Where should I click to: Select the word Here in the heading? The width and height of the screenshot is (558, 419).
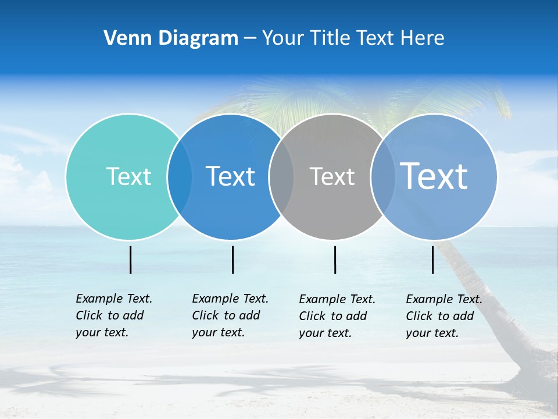[423, 38]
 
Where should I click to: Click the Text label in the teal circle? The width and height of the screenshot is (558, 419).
[128, 176]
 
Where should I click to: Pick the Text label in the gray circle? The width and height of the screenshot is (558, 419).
[332, 176]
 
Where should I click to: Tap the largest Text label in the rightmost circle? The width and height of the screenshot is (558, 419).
[434, 176]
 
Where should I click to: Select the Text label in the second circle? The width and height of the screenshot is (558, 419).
[230, 176]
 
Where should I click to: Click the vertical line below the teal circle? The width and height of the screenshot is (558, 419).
[130, 260]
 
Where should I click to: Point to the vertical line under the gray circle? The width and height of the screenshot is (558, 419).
[335, 260]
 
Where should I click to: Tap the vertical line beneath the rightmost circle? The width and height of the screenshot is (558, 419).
[432, 260]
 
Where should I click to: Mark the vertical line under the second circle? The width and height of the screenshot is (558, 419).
[233, 260]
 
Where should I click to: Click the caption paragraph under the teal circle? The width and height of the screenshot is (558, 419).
[113, 315]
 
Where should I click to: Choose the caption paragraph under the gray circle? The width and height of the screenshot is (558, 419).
[337, 316]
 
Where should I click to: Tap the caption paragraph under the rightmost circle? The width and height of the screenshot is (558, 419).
[443, 316]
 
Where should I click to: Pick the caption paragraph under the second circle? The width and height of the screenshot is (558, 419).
[230, 315]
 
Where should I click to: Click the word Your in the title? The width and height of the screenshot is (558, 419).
[283, 38]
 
